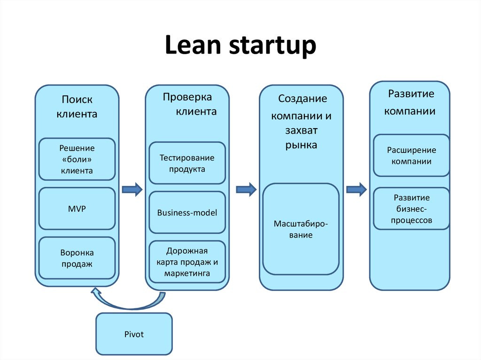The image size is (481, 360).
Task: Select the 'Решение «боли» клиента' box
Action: click(x=77, y=159)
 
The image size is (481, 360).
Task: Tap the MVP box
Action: click(x=77, y=208)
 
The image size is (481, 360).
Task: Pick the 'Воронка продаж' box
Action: click(x=77, y=258)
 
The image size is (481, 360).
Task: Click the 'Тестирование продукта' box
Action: click(x=187, y=163)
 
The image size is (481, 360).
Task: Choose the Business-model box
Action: click(x=187, y=212)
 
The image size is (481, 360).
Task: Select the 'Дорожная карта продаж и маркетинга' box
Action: click(x=187, y=261)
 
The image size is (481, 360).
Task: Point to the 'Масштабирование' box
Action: click(x=301, y=229)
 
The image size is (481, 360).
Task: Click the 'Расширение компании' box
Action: click(x=411, y=155)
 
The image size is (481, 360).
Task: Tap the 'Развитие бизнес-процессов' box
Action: click(x=411, y=208)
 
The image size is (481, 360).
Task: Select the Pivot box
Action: click(x=134, y=334)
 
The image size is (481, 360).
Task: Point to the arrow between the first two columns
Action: click(x=132, y=190)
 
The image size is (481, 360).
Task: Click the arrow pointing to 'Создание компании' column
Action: click(x=246, y=190)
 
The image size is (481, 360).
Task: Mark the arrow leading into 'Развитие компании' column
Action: click(x=356, y=190)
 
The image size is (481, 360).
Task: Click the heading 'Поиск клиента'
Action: click(x=77, y=107)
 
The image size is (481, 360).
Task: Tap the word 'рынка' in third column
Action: click(x=301, y=145)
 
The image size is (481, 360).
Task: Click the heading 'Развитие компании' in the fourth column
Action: click(x=410, y=102)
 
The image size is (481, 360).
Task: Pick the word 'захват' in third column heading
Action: click(x=301, y=130)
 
